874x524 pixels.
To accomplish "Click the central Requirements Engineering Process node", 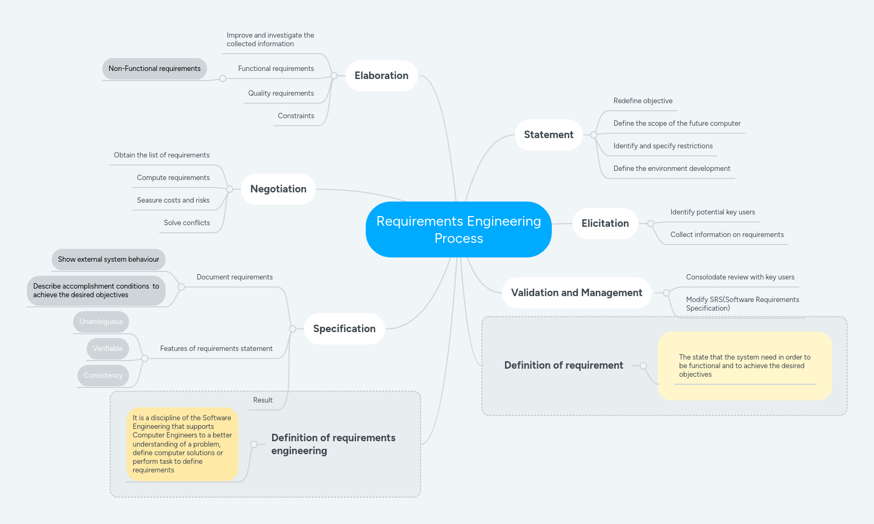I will click(458, 229).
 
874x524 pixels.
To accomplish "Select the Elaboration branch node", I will click(381, 76).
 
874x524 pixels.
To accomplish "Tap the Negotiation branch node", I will click(278, 189).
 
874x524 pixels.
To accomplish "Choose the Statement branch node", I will click(549, 135).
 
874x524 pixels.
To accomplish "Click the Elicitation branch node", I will click(605, 224).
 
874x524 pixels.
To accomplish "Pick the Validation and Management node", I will click(576, 293).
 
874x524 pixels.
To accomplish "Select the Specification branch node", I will click(344, 329).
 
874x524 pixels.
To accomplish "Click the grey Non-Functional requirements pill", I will click(154, 69).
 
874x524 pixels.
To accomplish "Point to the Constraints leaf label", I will click(296, 116).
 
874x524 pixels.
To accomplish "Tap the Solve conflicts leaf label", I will click(187, 223).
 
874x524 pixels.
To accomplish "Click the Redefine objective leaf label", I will click(643, 101).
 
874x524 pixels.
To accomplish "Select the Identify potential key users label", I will click(712, 212).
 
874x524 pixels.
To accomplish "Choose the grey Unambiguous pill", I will click(101, 322).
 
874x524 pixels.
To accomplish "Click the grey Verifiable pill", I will click(108, 349).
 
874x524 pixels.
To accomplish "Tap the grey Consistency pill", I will click(103, 376).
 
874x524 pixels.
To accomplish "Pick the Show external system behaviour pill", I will click(109, 260).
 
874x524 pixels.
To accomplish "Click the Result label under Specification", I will click(262, 400).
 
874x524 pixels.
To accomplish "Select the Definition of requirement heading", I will click(563, 365).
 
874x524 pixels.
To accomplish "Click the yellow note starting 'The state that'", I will click(744, 366).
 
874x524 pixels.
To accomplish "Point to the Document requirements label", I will click(235, 277).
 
